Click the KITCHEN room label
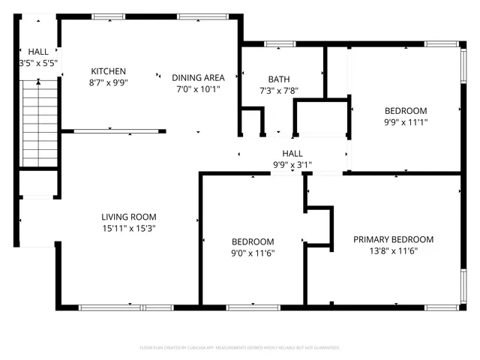tap(109, 71)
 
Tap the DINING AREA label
tap(198, 77)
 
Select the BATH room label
tap(279, 79)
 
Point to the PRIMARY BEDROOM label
tap(393, 240)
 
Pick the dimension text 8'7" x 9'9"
tap(109, 83)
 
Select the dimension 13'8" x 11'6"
tap(393, 251)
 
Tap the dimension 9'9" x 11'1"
tap(405, 121)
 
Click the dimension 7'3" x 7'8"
tap(279, 90)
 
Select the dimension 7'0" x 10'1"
tap(198, 88)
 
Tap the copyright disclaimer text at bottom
tap(240, 348)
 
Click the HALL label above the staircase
tap(38, 52)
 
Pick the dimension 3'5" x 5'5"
tap(38, 64)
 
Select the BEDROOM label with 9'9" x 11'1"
tap(405, 110)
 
